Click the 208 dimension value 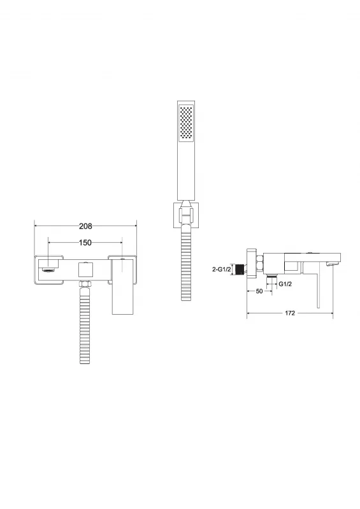pyautogui.click(x=85, y=226)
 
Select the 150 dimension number pyautogui.click(x=85, y=243)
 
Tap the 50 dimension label pyautogui.click(x=259, y=291)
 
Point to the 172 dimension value pyautogui.click(x=290, y=313)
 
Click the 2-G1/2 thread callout pyautogui.click(x=221, y=269)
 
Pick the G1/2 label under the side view pyautogui.click(x=285, y=284)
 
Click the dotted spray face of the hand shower pyautogui.click(x=186, y=123)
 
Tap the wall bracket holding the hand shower pyautogui.click(x=186, y=215)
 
